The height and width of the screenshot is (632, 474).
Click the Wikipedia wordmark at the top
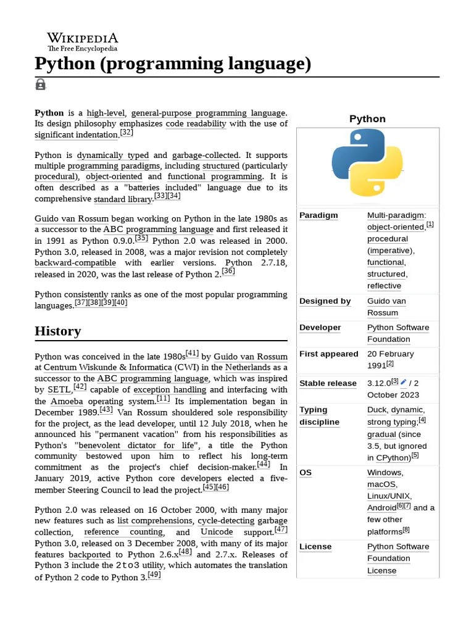click(x=82, y=38)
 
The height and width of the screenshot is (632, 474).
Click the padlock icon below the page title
click(x=41, y=85)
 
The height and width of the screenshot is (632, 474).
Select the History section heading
click(x=58, y=331)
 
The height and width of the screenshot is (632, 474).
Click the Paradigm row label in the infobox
click(x=318, y=215)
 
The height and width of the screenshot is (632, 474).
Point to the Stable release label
click(x=328, y=383)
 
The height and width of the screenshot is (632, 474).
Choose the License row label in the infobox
click(x=315, y=547)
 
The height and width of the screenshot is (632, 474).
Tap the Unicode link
click(x=217, y=532)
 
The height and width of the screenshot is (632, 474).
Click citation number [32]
click(x=127, y=133)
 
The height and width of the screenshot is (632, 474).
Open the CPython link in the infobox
click(x=393, y=458)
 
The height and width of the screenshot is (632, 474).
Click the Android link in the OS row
click(x=381, y=508)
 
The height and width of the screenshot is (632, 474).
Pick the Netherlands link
click(x=247, y=368)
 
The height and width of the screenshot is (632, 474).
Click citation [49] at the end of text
click(x=154, y=575)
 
